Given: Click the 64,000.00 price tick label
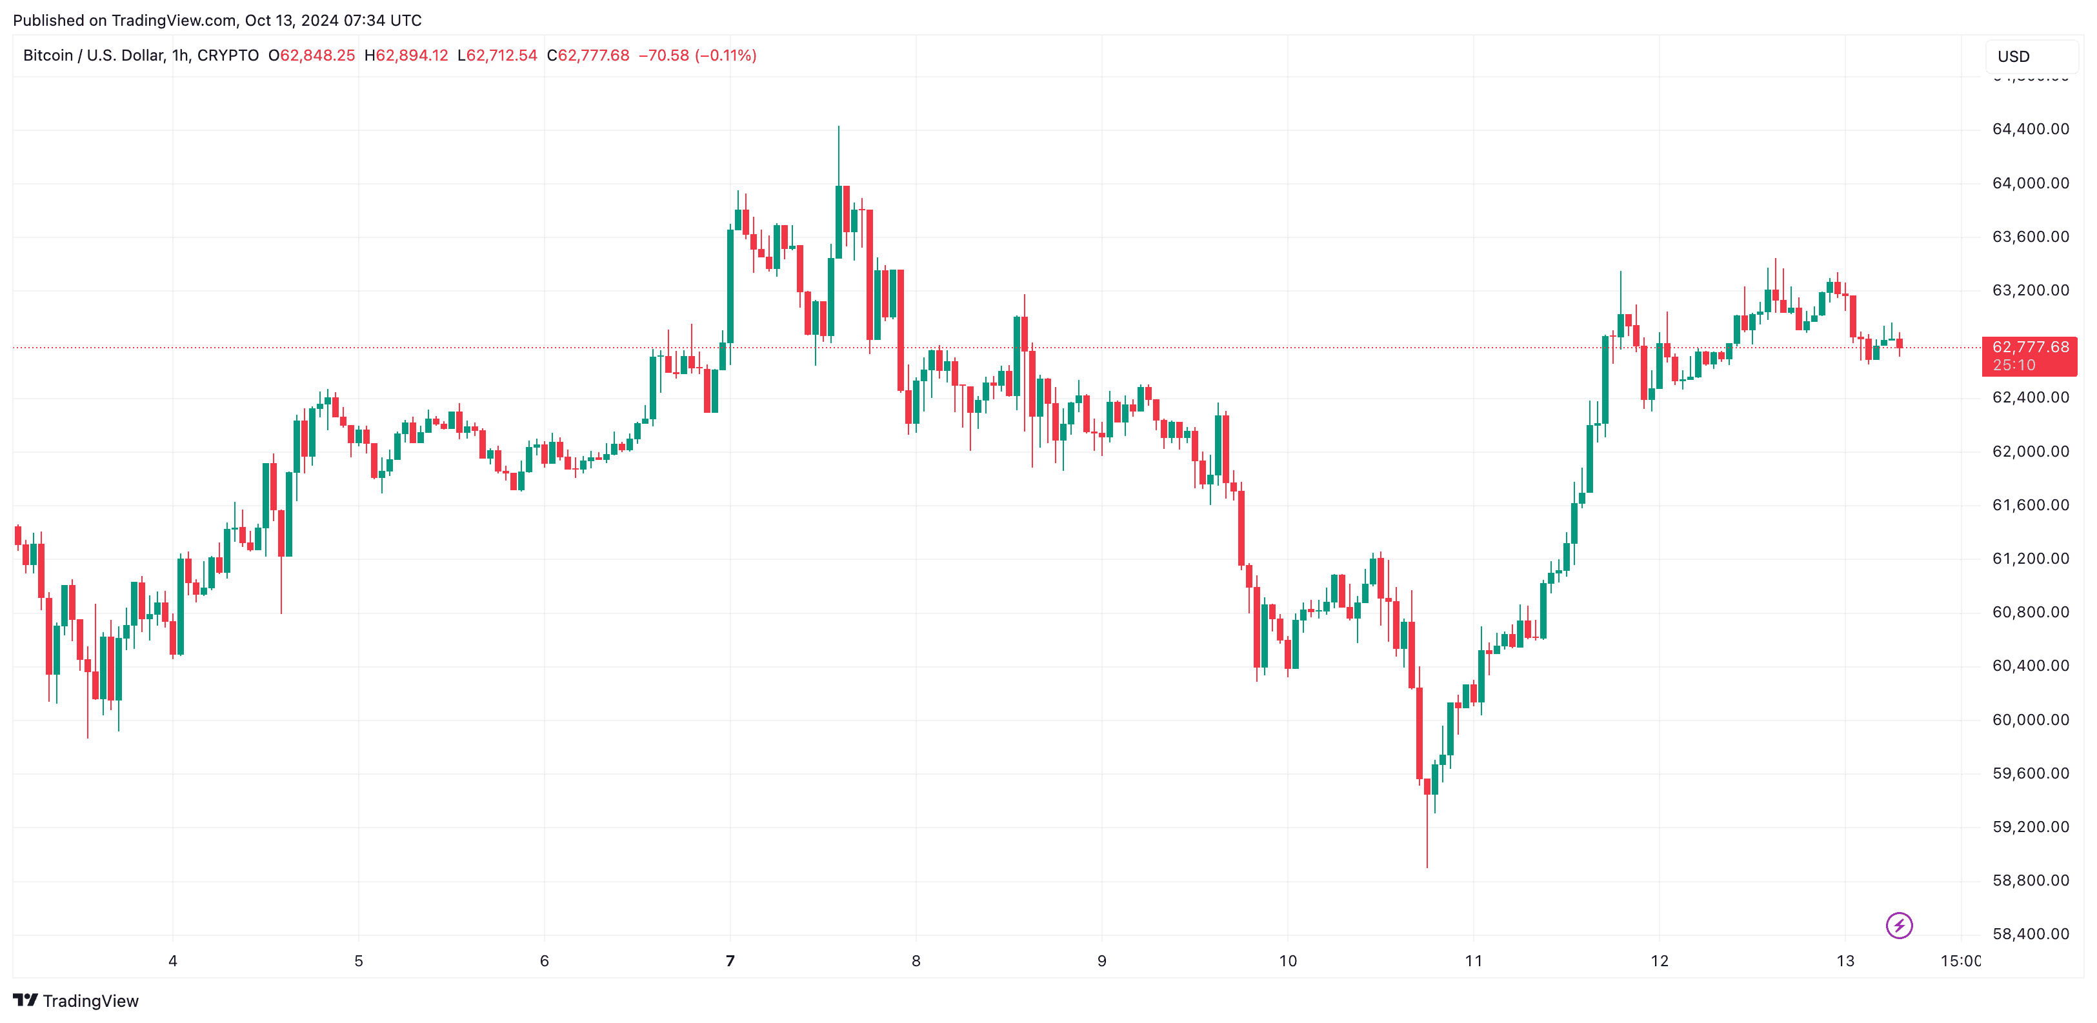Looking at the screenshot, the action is [2031, 183].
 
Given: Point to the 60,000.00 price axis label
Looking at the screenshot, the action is [2031, 719].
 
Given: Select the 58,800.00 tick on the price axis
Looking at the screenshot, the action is [2031, 880].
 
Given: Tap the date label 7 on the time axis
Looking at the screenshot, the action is [730, 960].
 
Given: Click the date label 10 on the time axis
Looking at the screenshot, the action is [1288, 960].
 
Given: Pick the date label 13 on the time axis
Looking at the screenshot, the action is [1845, 960].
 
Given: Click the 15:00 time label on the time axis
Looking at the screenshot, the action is [1961, 960].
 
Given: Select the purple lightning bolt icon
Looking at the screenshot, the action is [1899, 926].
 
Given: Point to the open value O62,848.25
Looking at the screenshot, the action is [312, 55].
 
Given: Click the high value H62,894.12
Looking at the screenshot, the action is [406, 55].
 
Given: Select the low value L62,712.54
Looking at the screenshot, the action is [497, 55].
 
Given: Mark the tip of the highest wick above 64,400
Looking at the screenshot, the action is [838, 126].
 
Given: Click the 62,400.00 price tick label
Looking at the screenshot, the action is [2031, 397].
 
